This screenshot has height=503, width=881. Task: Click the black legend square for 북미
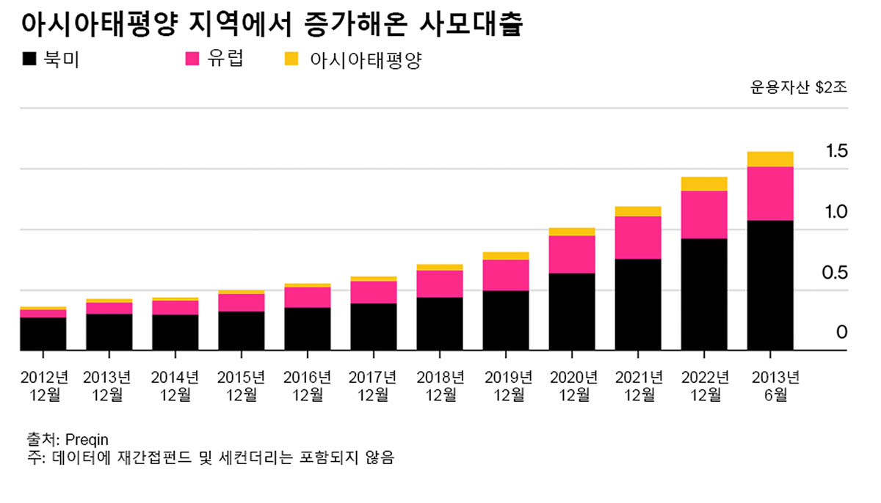[x=29, y=59]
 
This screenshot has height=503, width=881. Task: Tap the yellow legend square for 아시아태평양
[x=291, y=59]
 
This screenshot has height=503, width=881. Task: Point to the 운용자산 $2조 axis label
[x=798, y=88]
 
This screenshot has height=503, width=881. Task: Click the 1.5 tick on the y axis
[x=837, y=152]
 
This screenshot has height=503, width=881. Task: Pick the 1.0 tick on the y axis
[x=837, y=213]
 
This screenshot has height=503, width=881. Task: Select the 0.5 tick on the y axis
[x=837, y=273]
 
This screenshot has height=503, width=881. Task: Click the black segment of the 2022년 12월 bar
[x=704, y=294]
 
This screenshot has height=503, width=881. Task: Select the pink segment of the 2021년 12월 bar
[x=638, y=238]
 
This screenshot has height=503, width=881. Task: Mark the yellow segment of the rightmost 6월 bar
[x=770, y=159]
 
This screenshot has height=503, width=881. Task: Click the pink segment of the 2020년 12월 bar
[x=572, y=254]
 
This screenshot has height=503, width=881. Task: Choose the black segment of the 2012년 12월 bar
[x=43, y=334]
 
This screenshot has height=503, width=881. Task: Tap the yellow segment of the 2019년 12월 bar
[x=506, y=256]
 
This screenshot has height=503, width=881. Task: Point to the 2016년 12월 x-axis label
[x=308, y=386]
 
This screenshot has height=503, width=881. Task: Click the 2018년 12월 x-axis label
[x=440, y=386]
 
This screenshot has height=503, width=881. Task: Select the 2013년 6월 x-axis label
[x=770, y=386]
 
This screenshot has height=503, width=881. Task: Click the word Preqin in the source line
[x=87, y=440]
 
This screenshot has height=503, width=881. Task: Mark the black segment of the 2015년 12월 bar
[x=241, y=331]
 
